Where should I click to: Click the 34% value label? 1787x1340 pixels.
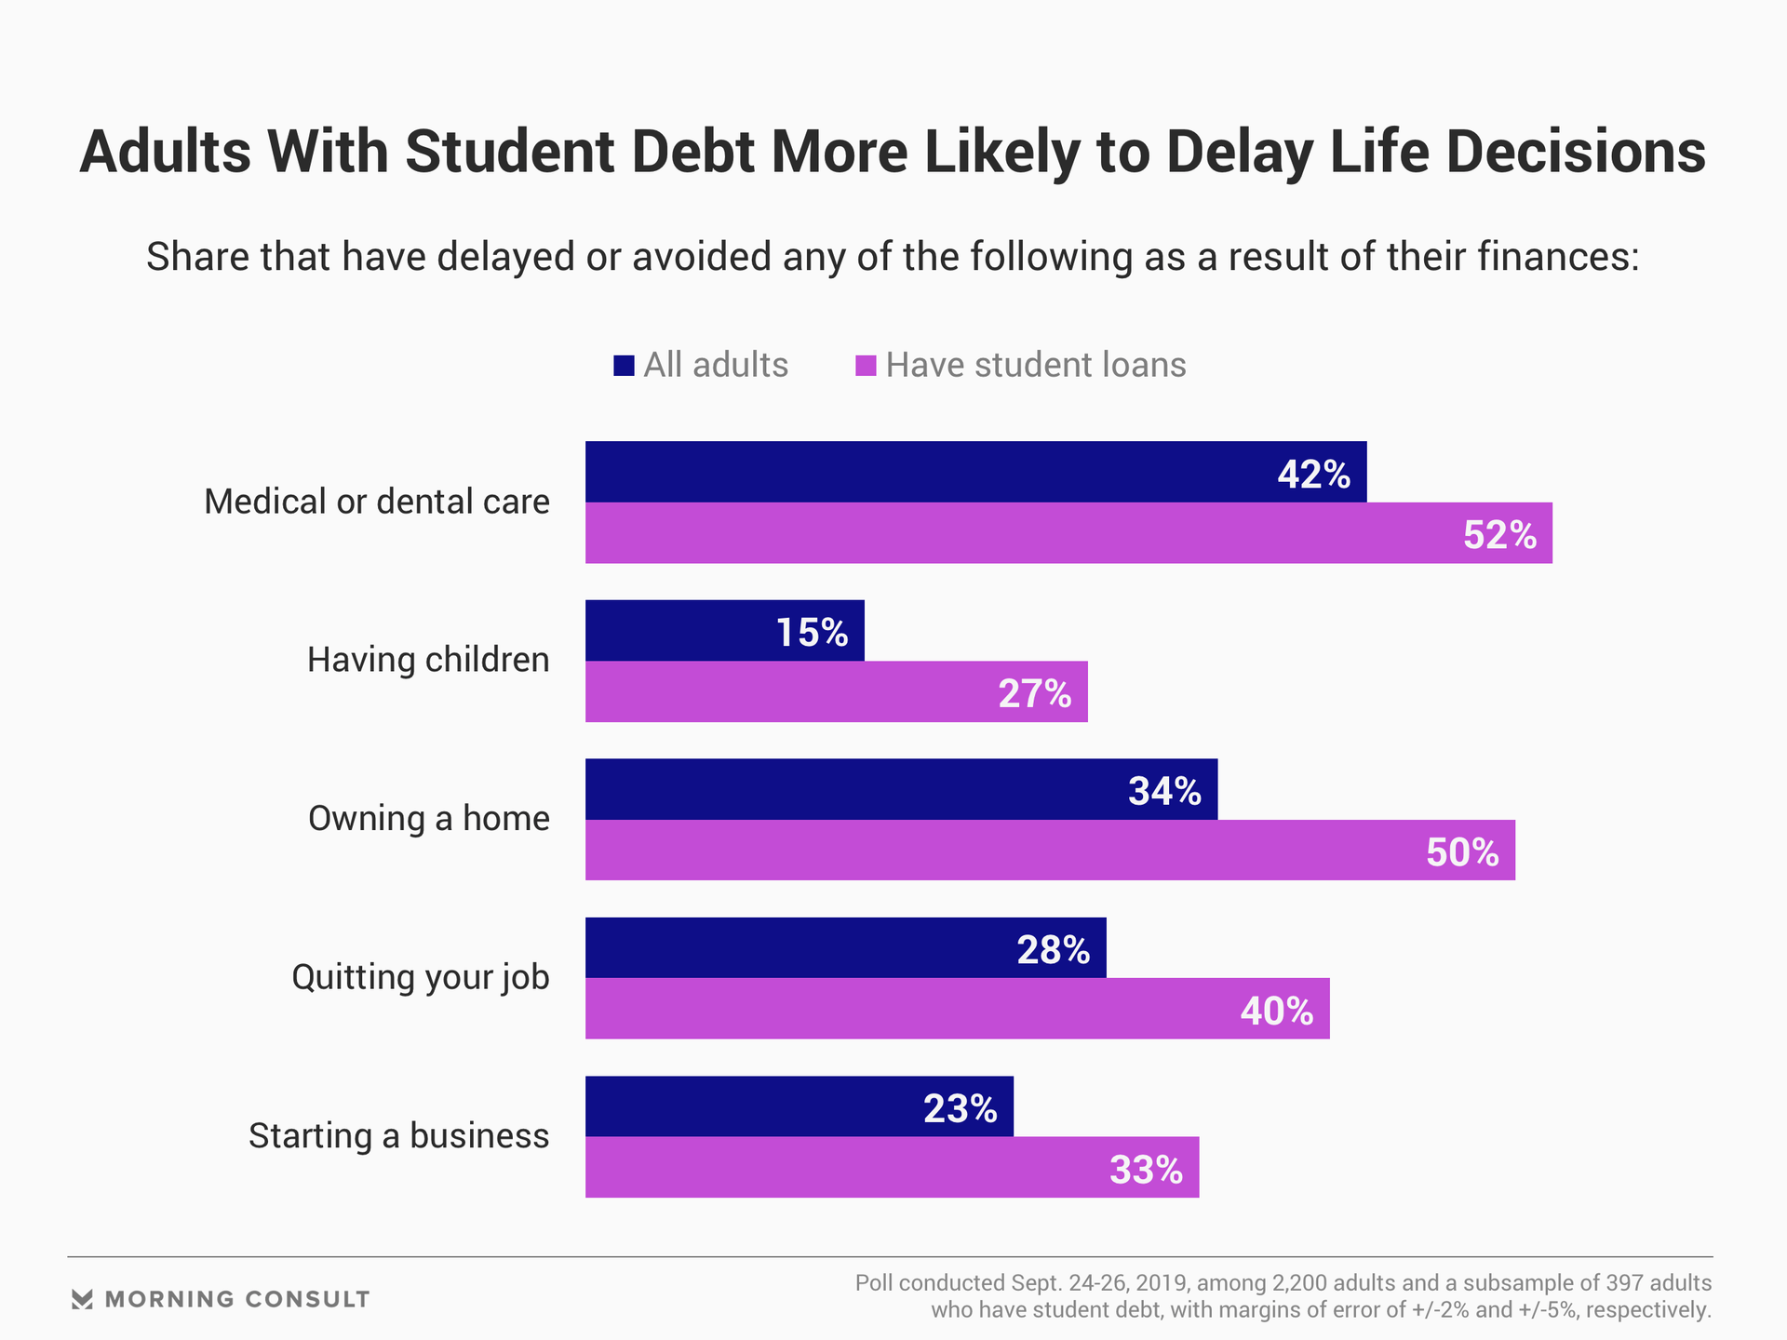tap(1164, 791)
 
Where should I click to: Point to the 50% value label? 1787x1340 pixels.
tap(1462, 852)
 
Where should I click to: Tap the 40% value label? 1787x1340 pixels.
tap(1276, 1011)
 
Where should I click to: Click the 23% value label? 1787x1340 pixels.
tap(960, 1108)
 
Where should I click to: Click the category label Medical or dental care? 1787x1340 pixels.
tap(377, 502)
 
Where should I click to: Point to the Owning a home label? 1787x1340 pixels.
tap(429, 819)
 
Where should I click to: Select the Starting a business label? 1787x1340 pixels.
tap(398, 1136)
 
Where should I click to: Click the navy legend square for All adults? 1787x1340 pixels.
tap(624, 366)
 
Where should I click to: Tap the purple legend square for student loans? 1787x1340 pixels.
tap(866, 366)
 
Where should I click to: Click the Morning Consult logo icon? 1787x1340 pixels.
tap(82, 1299)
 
